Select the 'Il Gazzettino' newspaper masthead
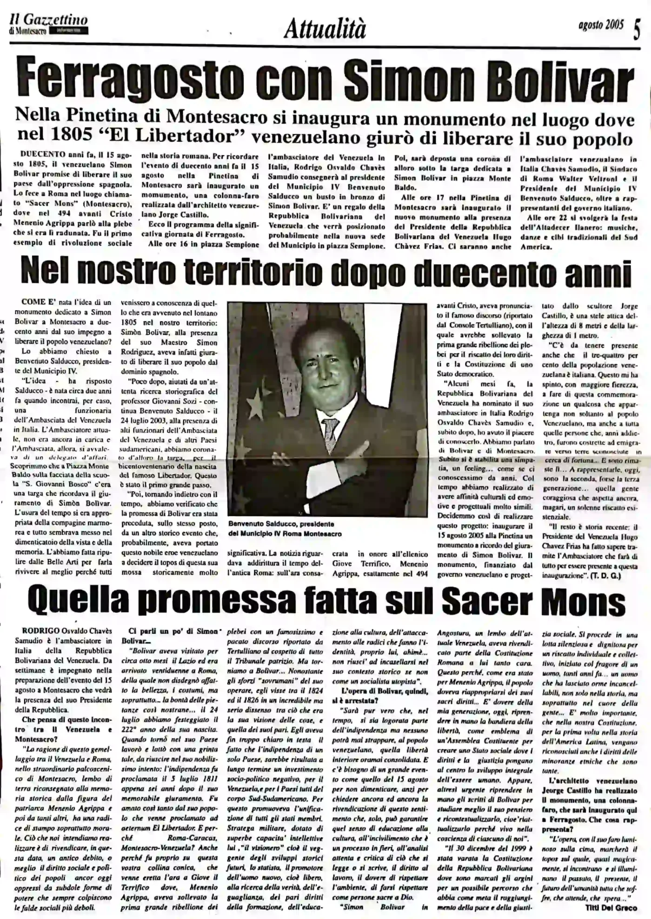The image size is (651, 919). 48,21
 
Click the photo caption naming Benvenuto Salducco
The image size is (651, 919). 285,528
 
